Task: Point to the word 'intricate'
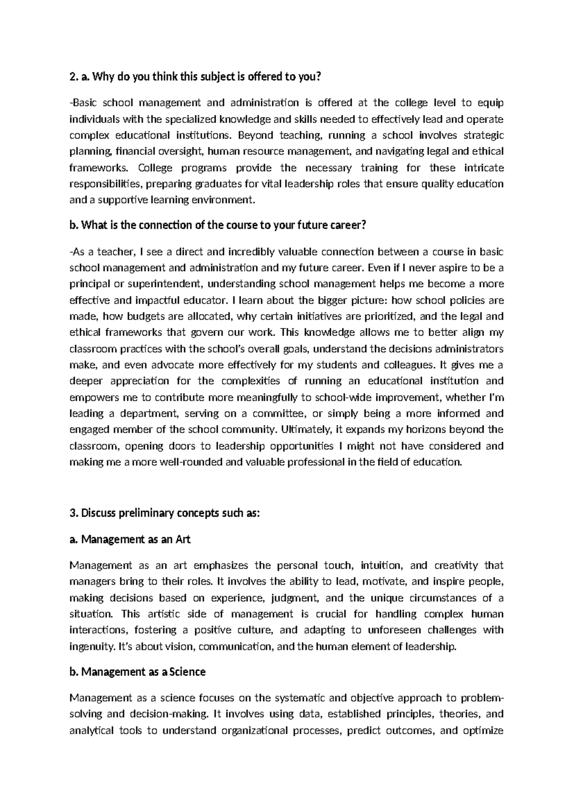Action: (x=484, y=168)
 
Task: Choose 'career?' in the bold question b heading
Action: (x=350, y=226)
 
